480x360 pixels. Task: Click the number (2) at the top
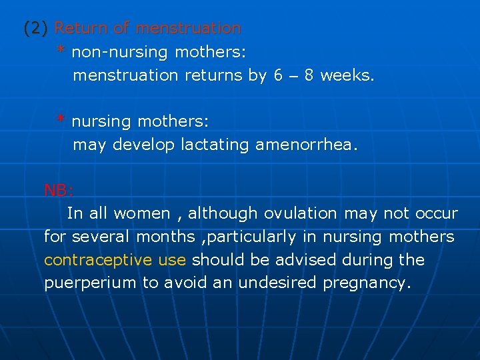click(36, 29)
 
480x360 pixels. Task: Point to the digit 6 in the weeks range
click(278, 75)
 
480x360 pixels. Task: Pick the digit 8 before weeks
click(309, 75)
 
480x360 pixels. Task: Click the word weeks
click(347, 75)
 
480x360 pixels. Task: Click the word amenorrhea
click(306, 145)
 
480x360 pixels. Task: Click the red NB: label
click(59, 191)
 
